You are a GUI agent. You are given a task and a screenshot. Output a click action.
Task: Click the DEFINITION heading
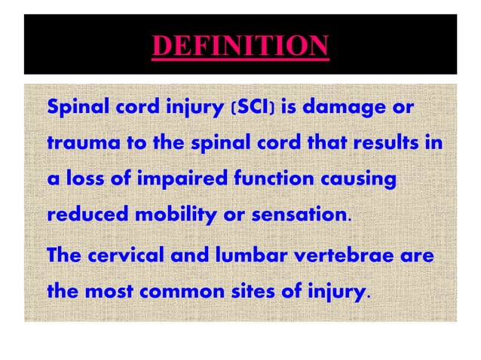click(x=240, y=47)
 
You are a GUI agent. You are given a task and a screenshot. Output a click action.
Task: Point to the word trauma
click(x=76, y=143)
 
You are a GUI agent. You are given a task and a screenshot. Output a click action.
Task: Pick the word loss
click(x=82, y=178)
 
